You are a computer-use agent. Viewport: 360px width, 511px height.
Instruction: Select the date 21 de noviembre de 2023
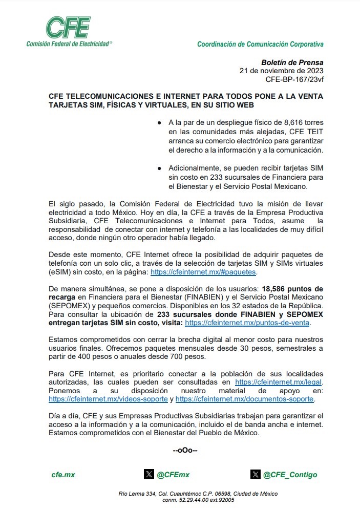[281, 71]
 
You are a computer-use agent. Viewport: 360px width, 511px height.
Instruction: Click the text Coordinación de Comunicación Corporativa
[260, 45]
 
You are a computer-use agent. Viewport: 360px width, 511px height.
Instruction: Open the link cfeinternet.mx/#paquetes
[203, 271]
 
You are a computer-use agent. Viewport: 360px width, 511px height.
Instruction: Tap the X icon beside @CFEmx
[149, 474]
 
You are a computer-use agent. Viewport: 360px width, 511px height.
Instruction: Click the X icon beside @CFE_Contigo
[256, 474]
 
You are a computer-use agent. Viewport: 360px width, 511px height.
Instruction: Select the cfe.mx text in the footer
[63, 475]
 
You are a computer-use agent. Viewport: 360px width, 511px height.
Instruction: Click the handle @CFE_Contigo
[290, 475]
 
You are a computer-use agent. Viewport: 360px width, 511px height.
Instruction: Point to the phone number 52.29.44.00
[193, 500]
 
